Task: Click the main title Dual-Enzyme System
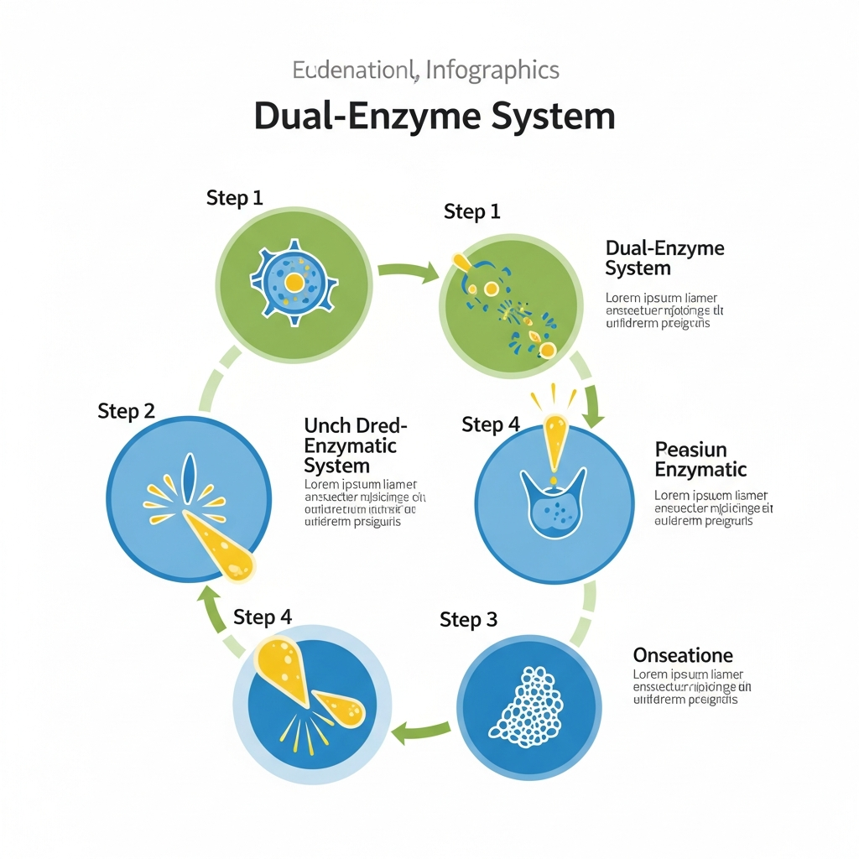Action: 434,117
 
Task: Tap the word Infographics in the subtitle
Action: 492,70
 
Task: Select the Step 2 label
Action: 126,411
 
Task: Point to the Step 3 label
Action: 468,620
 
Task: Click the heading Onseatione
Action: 683,655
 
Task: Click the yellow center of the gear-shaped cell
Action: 294,283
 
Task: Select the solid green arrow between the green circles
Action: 408,270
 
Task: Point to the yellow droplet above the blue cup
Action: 554,440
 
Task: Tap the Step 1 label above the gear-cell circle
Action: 235,198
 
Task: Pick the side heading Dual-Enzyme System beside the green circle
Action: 664,258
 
